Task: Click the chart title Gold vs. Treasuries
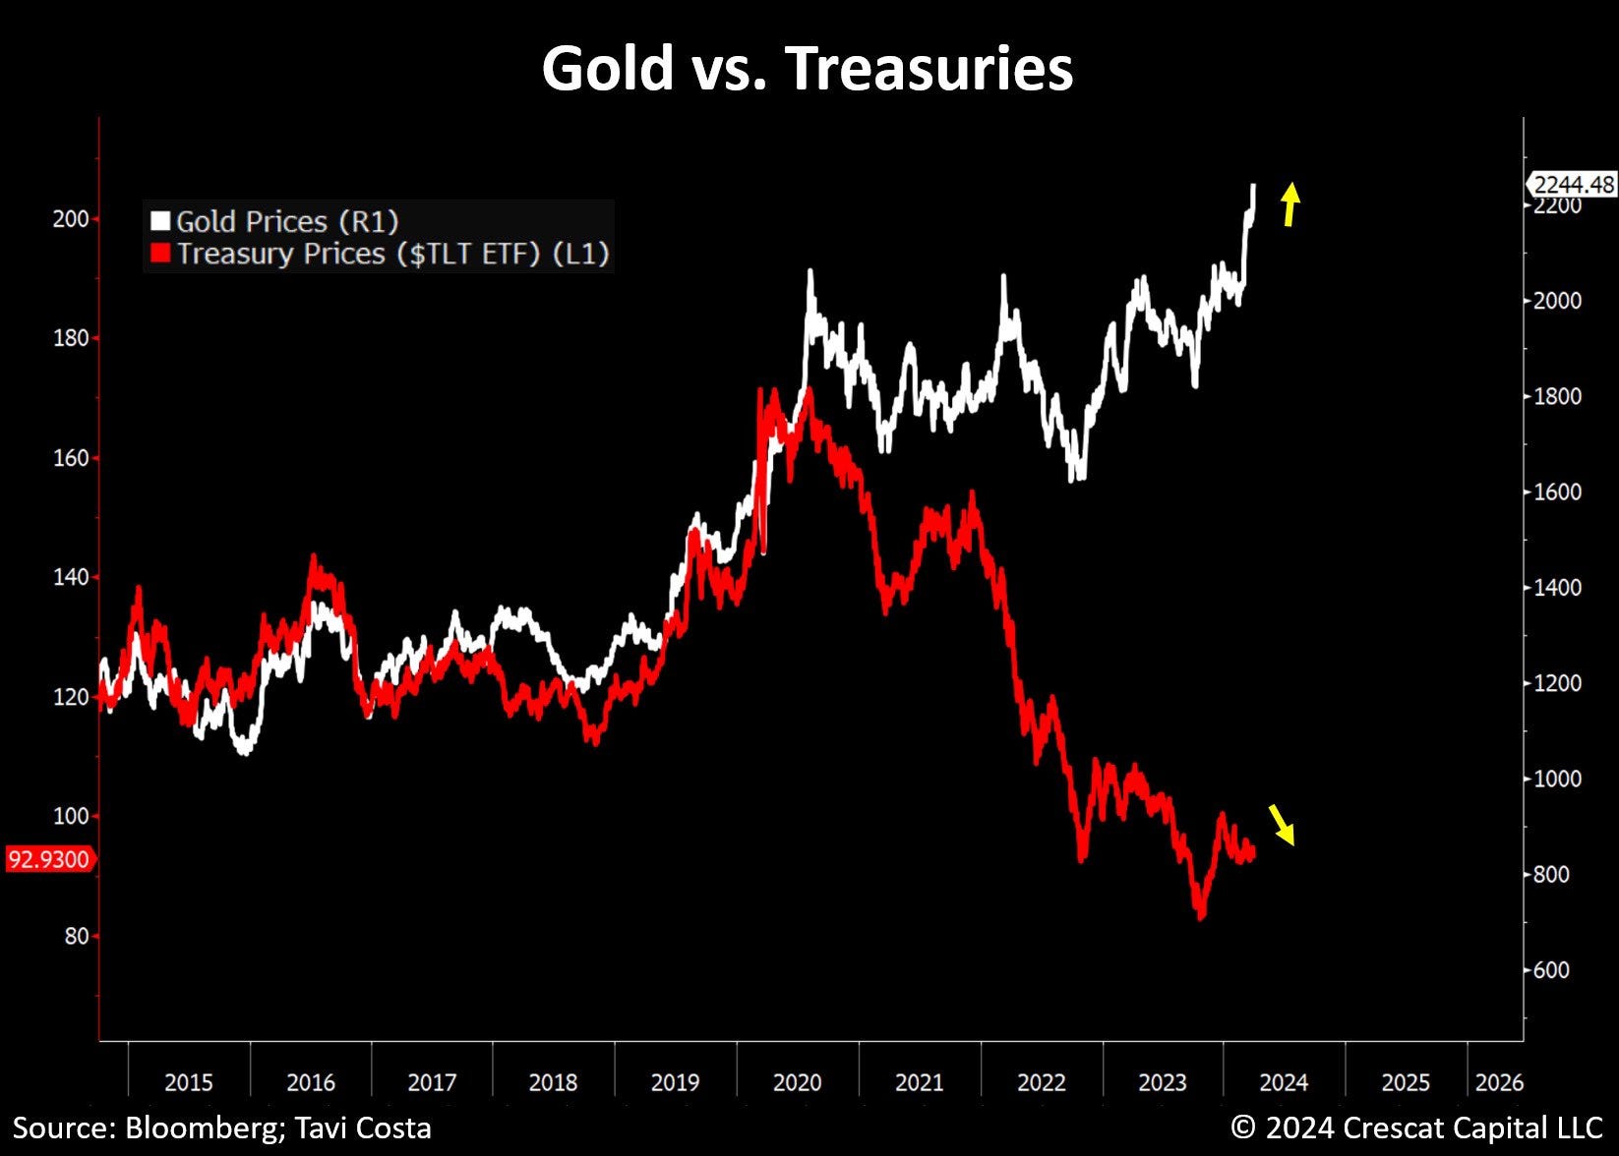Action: [807, 69]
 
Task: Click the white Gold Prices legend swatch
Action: [160, 221]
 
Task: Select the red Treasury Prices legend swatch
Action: [160, 254]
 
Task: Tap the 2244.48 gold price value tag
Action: [1572, 184]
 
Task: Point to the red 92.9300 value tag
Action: [49, 859]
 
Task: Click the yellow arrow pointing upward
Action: [1290, 203]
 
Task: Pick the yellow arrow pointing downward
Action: [1282, 824]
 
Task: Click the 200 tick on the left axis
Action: [70, 218]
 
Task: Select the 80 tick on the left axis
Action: [76, 936]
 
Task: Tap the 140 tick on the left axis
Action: [70, 577]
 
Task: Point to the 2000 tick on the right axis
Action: [1557, 301]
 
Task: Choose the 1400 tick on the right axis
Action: [1557, 588]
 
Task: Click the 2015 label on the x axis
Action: [188, 1082]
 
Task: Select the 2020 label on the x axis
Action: [797, 1082]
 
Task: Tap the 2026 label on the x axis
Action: [1499, 1082]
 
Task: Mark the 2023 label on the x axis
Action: [1162, 1082]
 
